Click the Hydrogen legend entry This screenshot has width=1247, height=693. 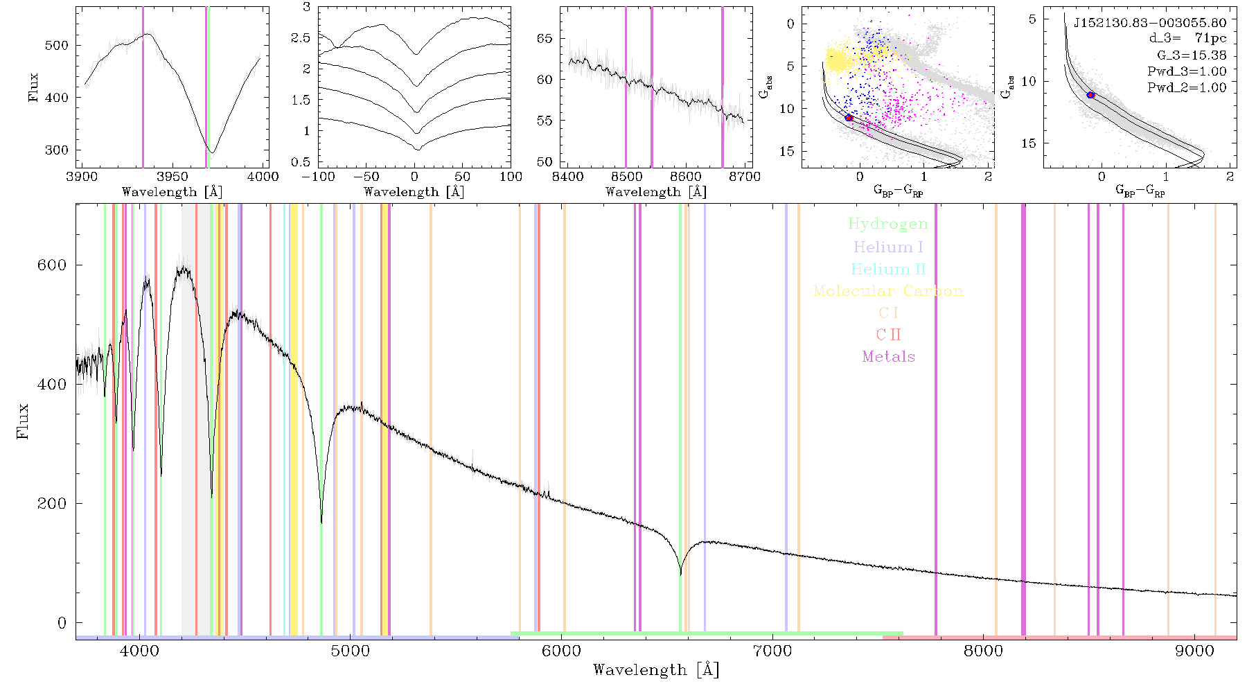888,225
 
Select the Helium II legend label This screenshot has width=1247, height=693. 888,270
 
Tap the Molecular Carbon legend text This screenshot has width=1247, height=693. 888,291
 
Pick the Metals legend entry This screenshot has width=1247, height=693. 889,357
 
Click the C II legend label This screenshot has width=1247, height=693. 889,335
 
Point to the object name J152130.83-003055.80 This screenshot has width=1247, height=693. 1150,23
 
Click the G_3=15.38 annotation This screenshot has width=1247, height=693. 1192,55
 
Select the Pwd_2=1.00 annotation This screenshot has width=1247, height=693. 1187,88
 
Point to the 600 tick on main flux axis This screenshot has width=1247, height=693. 52,265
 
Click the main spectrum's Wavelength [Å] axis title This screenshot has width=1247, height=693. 656,670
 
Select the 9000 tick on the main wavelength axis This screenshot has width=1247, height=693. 1194,651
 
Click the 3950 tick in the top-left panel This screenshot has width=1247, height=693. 173,177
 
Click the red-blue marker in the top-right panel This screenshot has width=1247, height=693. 1090,95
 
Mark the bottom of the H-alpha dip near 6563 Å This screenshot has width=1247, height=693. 680,574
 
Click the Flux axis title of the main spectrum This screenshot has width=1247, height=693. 24,421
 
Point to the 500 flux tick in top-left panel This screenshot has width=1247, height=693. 57,46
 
